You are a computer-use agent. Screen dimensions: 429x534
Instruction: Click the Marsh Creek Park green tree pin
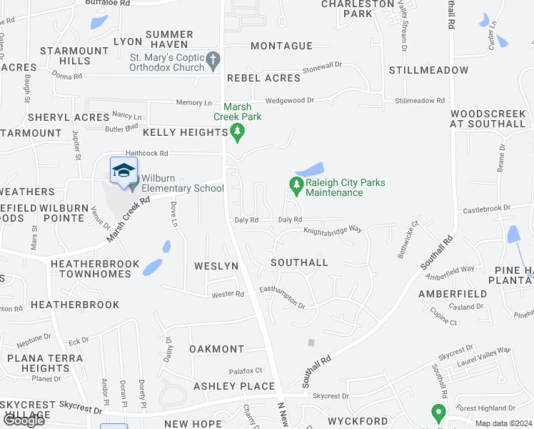coord(238,132)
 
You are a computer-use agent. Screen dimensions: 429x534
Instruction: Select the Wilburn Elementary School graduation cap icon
coord(123,171)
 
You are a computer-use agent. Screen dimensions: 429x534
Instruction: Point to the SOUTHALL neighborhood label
coord(300,262)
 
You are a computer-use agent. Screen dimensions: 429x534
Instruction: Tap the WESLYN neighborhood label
coord(216,266)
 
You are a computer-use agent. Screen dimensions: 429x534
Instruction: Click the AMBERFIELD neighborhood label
coord(453,294)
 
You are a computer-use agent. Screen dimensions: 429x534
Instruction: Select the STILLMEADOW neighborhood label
coord(428,70)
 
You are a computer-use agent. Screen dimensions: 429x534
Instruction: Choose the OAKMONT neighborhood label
coord(216,349)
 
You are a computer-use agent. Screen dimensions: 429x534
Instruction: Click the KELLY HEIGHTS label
coord(185,132)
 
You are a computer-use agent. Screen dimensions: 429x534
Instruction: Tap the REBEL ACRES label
coord(263,78)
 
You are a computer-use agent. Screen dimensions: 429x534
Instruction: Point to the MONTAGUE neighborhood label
coord(282,46)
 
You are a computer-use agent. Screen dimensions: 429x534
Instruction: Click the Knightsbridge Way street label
coord(333,230)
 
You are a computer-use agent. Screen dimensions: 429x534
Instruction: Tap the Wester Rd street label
coord(228,294)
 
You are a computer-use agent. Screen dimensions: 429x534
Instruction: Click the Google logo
coord(24,420)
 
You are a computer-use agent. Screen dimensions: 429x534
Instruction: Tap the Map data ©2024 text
coord(503,423)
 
